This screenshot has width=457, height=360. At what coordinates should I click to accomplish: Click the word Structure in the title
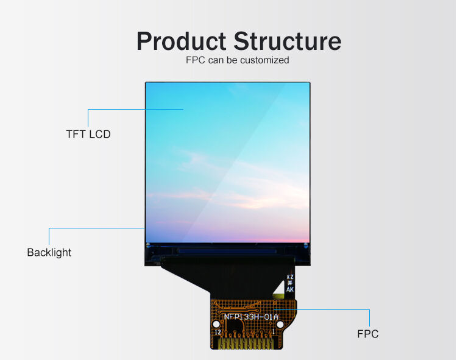pyautogui.click(x=287, y=41)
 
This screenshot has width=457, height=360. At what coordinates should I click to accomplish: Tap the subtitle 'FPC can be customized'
pyautogui.click(x=237, y=60)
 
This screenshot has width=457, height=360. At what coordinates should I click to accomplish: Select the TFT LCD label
pyautogui.click(x=88, y=134)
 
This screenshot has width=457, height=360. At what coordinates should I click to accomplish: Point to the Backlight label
pyautogui.click(x=49, y=252)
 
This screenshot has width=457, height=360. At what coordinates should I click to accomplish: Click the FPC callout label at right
pyautogui.click(x=367, y=334)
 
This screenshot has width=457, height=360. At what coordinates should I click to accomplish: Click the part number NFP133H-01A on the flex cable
pyautogui.click(x=251, y=316)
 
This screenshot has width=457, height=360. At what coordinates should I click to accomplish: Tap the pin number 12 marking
pyautogui.click(x=218, y=332)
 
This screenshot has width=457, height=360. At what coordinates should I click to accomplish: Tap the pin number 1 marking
pyautogui.click(x=282, y=332)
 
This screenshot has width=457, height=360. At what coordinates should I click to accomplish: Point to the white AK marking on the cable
pyautogui.click(x=290, y=289)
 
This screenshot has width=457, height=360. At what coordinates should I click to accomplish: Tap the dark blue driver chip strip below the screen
pyautogui.click(x=227, y=249)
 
